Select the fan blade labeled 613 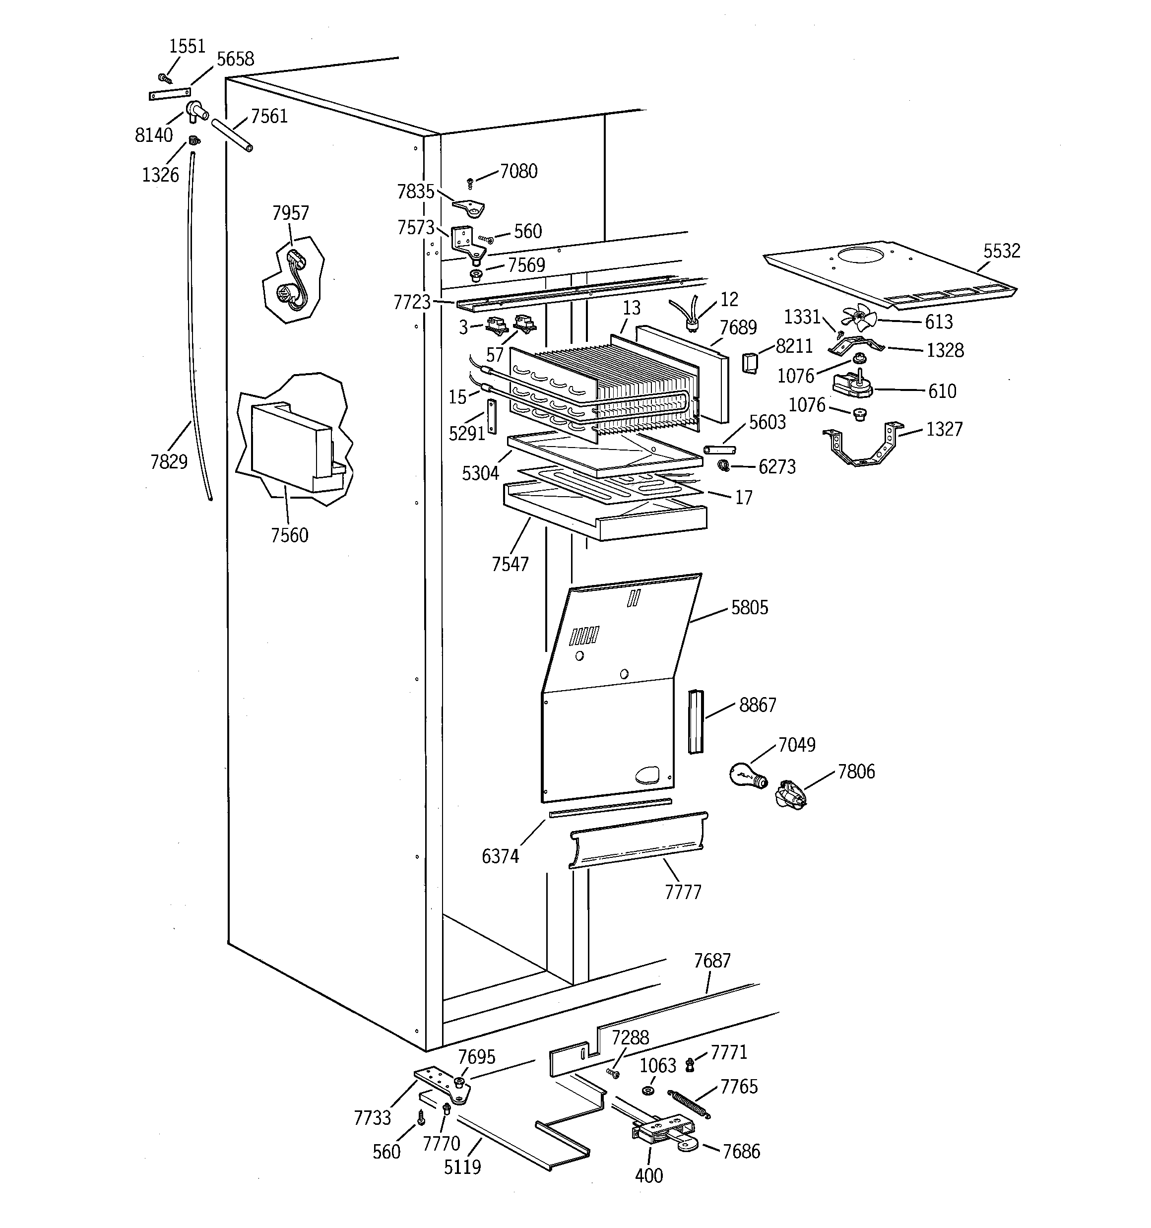click(x=859, y=318)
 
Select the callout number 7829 click(x=169, y=461)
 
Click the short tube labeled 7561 click(x=232, y=135)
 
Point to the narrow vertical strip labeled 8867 click(x=696, y=721)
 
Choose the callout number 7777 click(x=683, y=892)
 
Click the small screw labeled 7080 click(x=470, y=184)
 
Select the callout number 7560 click(x=289, y=535)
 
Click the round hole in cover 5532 click(x=863, y=255)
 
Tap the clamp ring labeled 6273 click(x=723, y=465)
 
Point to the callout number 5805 click(x=750, y=608)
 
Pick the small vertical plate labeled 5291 click(x=492, y=417)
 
